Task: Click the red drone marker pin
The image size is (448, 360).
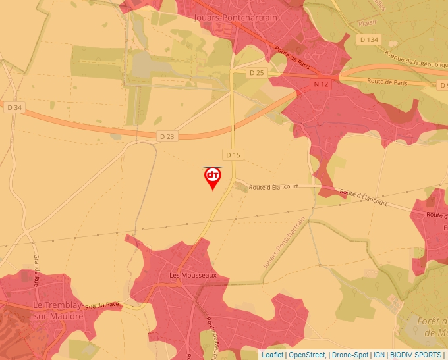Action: pyautogui.click(x=212, y=177)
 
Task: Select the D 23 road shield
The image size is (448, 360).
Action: pyautogui.click(x=167, y=136)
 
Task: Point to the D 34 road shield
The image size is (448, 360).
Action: pyautogui.click(x=13, y=107)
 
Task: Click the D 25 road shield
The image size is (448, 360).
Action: pyautogui.click(x=256, y=72)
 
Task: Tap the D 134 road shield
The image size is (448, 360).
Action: pyautogui.click(x=370, y=40)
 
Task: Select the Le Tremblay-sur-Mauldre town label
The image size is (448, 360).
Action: pyautogui.click(x=58, y=311)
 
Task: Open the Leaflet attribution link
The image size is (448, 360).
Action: pyautogui.click(x=272, y=355)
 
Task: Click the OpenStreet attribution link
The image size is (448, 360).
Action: pyautogui.click(x=307, y=355)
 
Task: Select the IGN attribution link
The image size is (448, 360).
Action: pyautogui.click(x=379, y=355)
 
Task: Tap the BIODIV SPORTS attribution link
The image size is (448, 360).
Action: pyautogui.click(x=416, y=355)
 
